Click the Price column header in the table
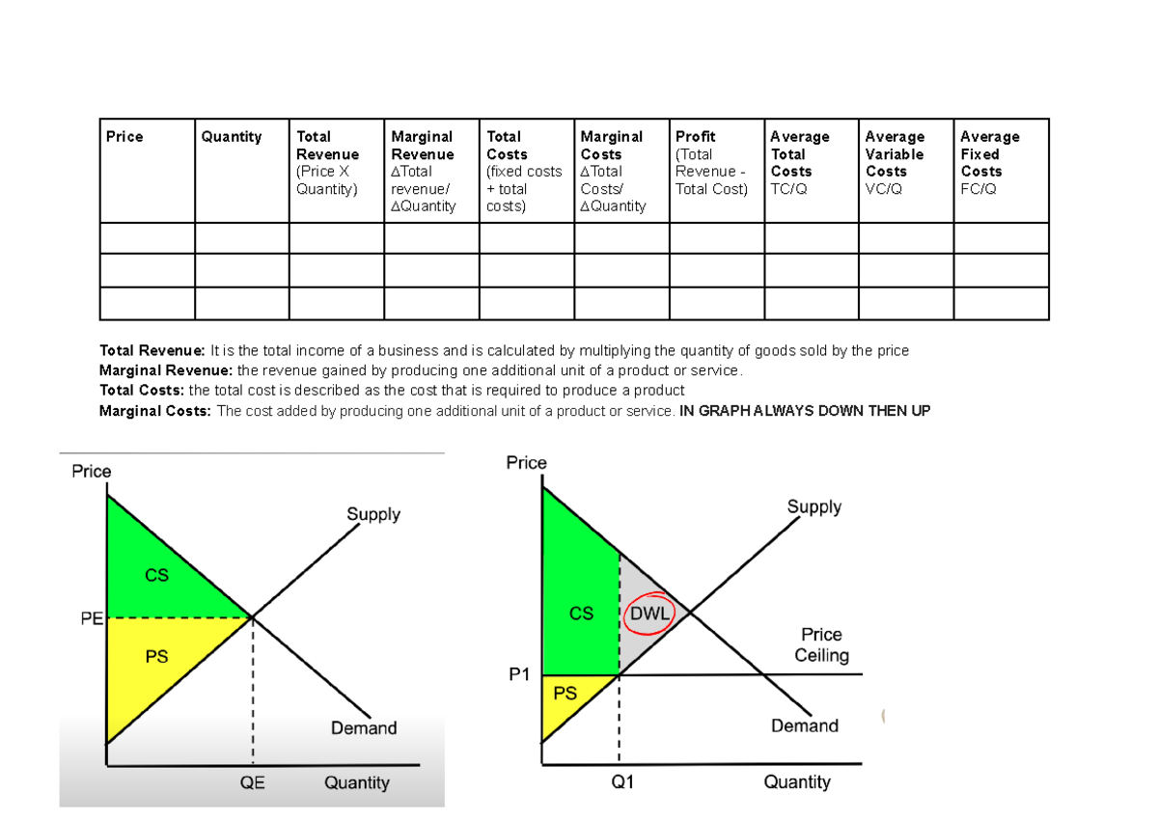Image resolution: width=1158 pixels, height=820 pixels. tap(124, 137)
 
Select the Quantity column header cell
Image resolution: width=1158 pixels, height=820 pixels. tap(231, 137)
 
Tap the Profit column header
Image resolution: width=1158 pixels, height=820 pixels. tap(696, 137)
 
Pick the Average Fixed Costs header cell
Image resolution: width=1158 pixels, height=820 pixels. tap(989, 154)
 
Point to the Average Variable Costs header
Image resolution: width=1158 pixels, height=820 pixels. tap(895, 154)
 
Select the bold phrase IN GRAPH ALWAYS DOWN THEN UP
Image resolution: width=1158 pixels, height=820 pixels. tap(805, 411)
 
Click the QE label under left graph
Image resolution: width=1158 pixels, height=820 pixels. tap(252, 783)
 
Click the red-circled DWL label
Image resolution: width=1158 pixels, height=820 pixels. tap(649, 612)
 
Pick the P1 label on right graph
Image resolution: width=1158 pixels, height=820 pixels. tap(519, 675)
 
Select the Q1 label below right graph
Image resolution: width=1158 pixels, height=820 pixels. tap(622, 782)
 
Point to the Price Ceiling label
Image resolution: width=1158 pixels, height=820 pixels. tap(821, 645)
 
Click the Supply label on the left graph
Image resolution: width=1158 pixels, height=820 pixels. tap(372, 514)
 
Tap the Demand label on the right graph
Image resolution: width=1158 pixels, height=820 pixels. tap(804, 725)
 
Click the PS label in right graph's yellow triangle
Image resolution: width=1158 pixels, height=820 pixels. tap(565, 693)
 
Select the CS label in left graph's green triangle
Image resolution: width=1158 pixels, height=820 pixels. tap(156, 575)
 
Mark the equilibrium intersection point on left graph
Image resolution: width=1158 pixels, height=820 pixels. tap(253, 617)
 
